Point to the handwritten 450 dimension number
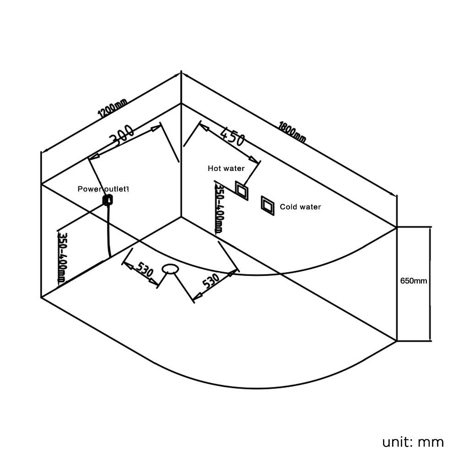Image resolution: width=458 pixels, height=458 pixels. pos(232,136)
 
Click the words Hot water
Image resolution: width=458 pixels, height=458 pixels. pos(226,169)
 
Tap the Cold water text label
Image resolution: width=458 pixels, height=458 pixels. pos(300,207)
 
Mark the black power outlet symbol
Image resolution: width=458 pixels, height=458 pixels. pos(109,200)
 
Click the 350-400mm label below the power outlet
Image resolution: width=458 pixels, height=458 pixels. pos(61,257)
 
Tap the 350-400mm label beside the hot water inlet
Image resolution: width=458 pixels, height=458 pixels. pos(219,209)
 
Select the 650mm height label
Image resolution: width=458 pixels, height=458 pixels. pos(414,281)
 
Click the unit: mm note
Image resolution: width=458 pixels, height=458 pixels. pos(413,442)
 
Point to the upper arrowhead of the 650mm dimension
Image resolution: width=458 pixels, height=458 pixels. pos(431,229)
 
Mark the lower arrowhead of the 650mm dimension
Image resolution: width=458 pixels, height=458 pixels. pos(431,338)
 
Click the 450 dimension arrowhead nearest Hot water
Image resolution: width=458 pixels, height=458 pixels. pos(257,161)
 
